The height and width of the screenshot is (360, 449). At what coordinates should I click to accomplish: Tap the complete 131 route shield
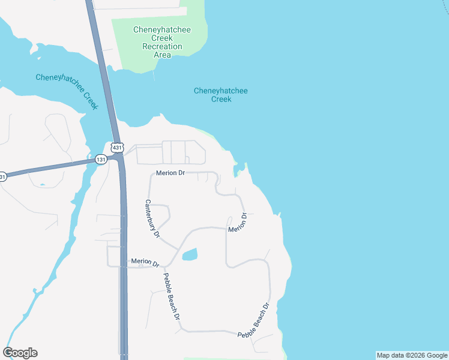pyautogui.click(x=101, y=160)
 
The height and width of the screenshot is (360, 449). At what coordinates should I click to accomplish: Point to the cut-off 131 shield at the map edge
pyautogui.click(x=2, y=176)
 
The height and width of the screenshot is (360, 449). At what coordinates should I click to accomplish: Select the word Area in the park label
pyautogui.click(x=162, y=55)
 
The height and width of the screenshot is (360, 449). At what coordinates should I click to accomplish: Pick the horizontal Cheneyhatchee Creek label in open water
pyautogui.click(x=221, y=95)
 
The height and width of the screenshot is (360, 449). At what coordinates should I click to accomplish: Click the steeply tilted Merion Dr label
pyautogui.click(x=237, y=223)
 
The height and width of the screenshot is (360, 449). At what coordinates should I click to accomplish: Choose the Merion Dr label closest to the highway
pyautogui.click(x=145, y=262)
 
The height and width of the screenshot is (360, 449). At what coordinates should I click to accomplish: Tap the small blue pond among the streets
pyautogui.click(x=189, y=254)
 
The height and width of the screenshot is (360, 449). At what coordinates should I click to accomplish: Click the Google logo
pyautogui.click(x=20, y=353)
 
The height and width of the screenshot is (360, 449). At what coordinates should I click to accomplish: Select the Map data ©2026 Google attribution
pyautogui.click(x=412, y=355)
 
